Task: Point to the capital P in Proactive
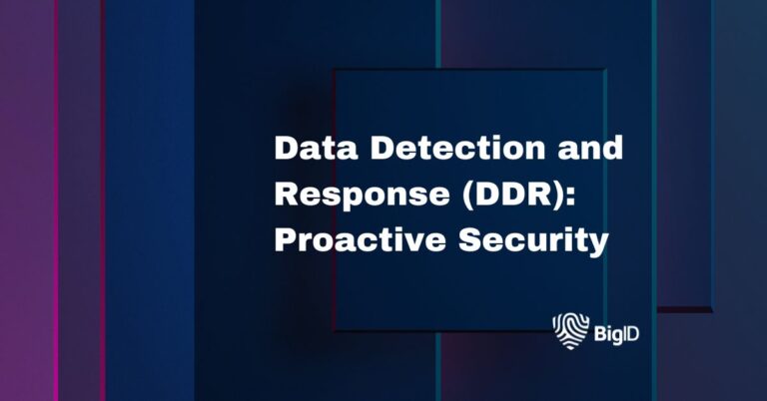286,241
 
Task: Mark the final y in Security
597,245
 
